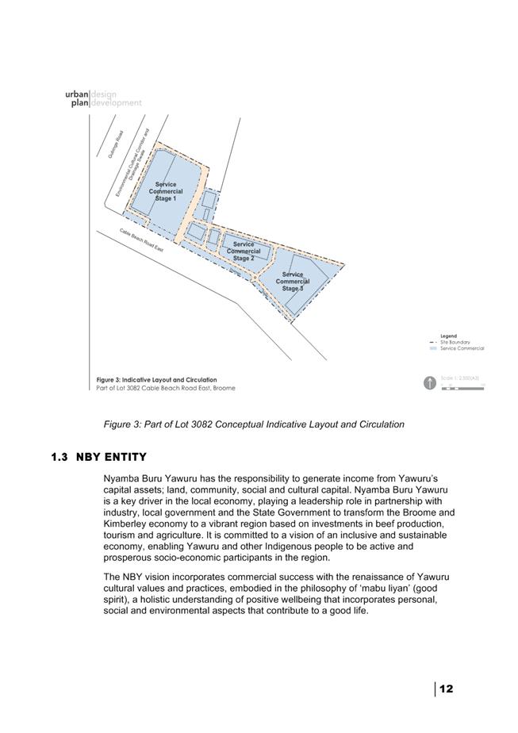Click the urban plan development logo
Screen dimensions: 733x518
coord(103,98)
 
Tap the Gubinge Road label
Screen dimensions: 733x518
coord(116,143)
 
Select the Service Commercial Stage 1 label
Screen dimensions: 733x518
coord(166,191)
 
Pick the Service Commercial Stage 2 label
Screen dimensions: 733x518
coord(244,251)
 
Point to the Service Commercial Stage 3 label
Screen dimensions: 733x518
coord(293,281)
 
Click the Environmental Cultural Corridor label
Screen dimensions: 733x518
coord(132,163)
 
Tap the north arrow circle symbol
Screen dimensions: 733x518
coord(430,382)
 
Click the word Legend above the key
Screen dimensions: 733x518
coord(448,336)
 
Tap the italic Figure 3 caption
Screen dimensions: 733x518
coord(254,424)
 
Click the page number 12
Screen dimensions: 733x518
coord(446,689)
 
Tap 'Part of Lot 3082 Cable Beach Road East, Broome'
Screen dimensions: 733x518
coord(165,388)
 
